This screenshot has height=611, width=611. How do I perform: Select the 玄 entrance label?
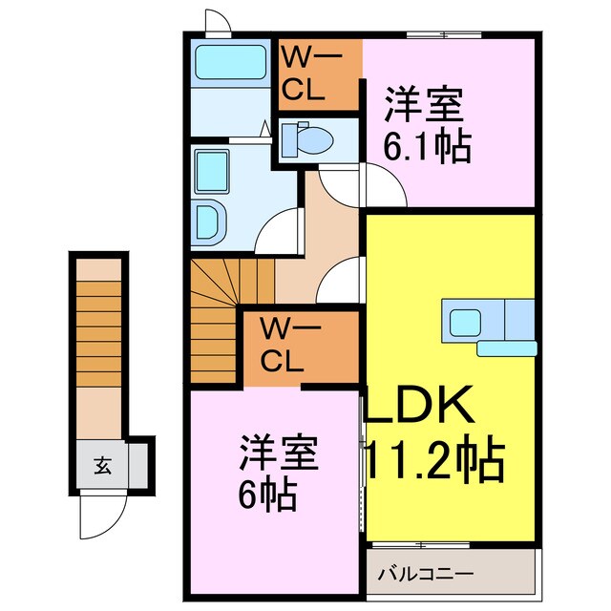click(x=102, y=466)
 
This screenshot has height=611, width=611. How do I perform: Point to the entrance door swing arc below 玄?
click(x=100, y=516)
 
